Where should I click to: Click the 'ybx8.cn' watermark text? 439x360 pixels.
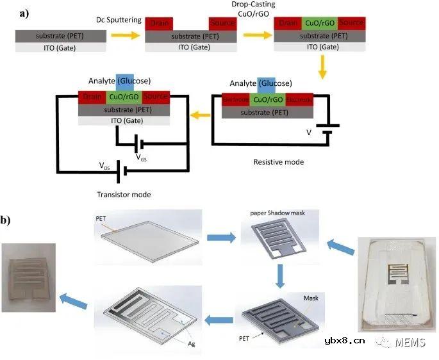pos(345,340)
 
